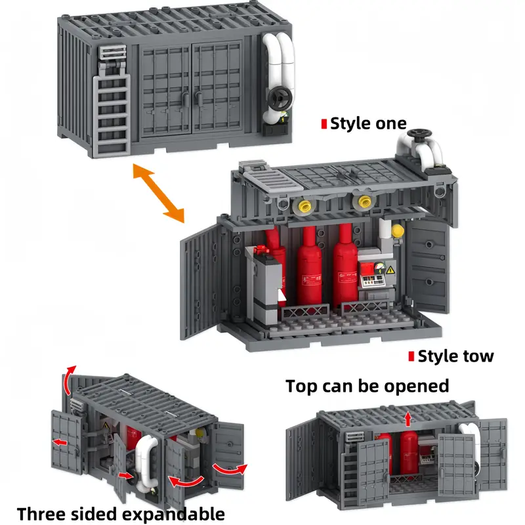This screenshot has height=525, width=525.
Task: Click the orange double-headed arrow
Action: tap(158, 193)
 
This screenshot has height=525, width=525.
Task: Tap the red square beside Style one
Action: tap(324, 124)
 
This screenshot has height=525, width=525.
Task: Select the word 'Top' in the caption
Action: tap(301, 387)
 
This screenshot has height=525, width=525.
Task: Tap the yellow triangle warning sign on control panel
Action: tap(390, 270)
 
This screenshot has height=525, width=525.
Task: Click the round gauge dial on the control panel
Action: tap(379, 268)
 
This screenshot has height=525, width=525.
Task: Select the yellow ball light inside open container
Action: tap(398, 231)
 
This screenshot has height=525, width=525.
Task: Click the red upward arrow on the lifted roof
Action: tap(408, 419)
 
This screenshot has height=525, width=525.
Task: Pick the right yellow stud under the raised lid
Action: tap(364, 202)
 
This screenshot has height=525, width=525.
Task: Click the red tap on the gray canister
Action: tap(261, 250)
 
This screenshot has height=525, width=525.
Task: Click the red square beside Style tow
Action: tap(411, 356)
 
